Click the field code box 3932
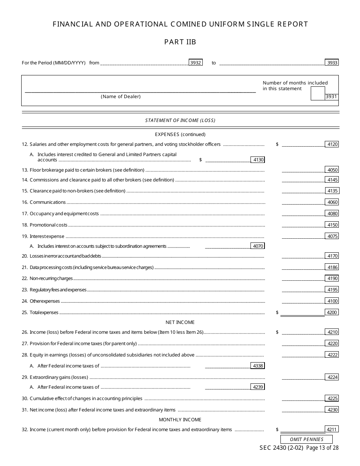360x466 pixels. coord(196,63)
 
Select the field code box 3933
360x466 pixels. coord(332,63)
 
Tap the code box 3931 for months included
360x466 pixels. coord(332,97)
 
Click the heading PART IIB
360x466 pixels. coord(180,42)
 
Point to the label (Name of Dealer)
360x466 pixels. coord(121,97)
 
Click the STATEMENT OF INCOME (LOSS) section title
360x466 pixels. coord(180,120)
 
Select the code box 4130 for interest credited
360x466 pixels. coord(258,160)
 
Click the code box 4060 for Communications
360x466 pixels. coord(332,202)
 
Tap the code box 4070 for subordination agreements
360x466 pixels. coord(258,246)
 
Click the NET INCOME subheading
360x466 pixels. coord(180,322)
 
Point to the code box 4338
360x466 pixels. coord(258,366)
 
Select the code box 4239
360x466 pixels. coord(258,387)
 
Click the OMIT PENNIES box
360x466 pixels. coord(307,439)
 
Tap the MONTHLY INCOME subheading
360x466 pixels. coord(180,420)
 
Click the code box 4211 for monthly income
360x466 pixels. coord(332,430)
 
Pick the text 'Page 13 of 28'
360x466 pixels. coord(322,448)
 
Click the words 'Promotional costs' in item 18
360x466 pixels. coord(49,225)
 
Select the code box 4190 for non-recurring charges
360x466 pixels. coord(332,278)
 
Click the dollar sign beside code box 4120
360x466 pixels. coord(277,144)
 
